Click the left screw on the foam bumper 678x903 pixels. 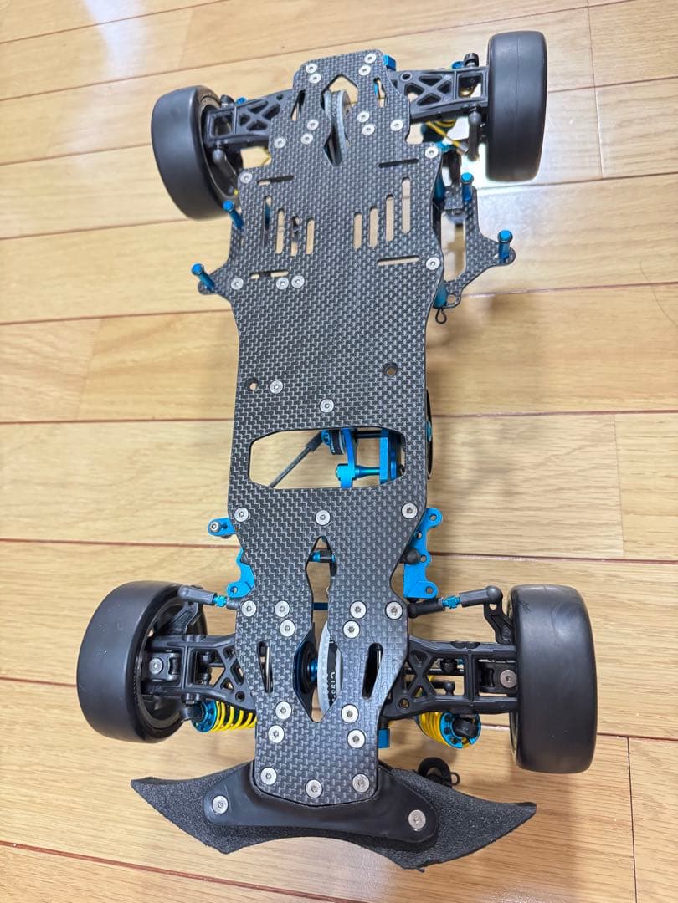coord(220,804)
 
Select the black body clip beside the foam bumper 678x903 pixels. coord(434,768)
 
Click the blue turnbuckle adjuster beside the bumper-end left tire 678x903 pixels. coord(220,599)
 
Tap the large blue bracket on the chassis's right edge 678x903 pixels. coord(423,552)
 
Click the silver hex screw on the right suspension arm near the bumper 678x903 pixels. coord(508,677)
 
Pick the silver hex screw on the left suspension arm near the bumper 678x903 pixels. coord(157,666)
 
